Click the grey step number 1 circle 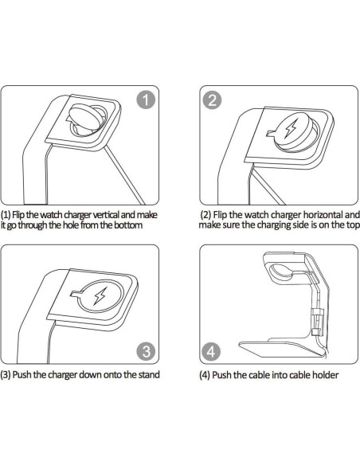(x=146, y=100)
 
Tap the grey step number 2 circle (x=212, y=100)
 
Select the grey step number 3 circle (x=146, y=352)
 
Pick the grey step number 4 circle (x=211, y=352)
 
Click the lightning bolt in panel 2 (x=291, y=128)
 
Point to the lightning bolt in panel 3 (x=100, y=296)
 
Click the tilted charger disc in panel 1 (x=84, y=116)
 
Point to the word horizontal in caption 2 (x=323, y=214)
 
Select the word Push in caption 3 (x=22, y=374)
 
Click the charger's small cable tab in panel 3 (x=76, y=293)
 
